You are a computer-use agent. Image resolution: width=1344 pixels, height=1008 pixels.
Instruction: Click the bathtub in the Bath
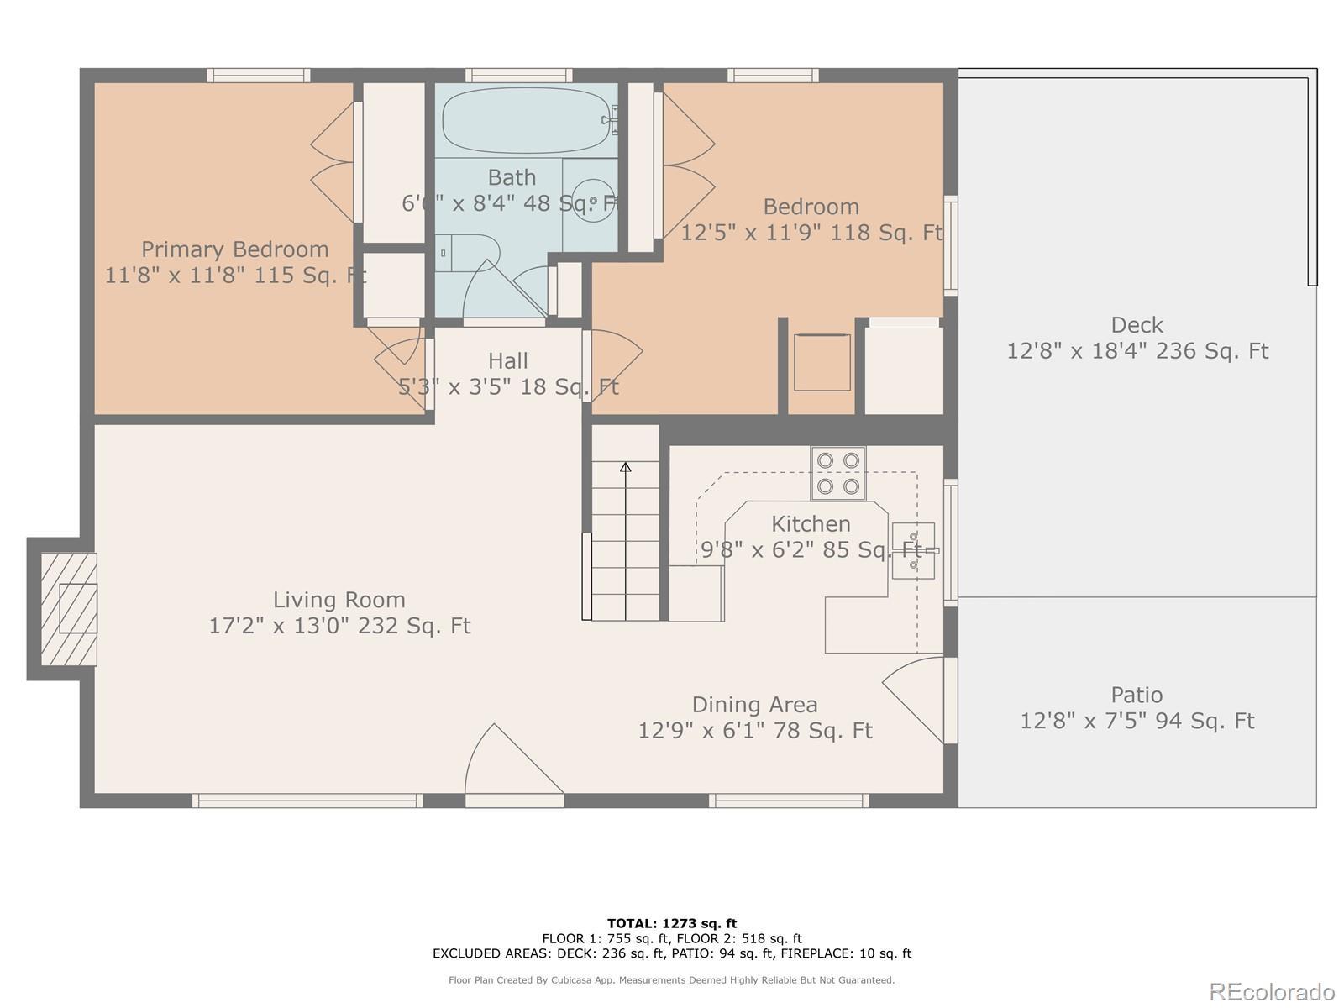527,120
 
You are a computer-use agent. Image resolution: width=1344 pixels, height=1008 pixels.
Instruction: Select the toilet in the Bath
469,253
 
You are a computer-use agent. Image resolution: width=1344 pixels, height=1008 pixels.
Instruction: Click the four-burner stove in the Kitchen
837,473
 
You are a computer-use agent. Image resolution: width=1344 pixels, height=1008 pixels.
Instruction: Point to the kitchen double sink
913,550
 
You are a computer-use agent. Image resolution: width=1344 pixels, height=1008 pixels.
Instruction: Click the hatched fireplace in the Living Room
69,609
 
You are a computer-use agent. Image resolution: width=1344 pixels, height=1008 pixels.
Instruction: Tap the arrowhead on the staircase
625,467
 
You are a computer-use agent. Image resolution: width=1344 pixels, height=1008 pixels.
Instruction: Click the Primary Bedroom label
235,249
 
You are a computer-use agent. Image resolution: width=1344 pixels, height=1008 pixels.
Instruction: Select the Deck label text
1137,324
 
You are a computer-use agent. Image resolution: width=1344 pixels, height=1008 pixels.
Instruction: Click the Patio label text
1137,695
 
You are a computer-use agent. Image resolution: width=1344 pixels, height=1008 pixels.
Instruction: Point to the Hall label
508,360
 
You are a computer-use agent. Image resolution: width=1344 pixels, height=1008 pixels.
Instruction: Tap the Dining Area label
755,705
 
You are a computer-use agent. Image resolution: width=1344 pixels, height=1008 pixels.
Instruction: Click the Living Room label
339,600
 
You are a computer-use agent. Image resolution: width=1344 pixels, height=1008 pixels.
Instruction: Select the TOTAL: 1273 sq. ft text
672,923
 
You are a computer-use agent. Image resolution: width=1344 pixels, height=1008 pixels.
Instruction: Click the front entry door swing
513,759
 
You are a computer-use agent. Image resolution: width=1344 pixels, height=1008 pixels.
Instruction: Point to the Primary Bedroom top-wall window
259,76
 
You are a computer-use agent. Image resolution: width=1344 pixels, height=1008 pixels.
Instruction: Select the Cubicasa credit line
672,979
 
